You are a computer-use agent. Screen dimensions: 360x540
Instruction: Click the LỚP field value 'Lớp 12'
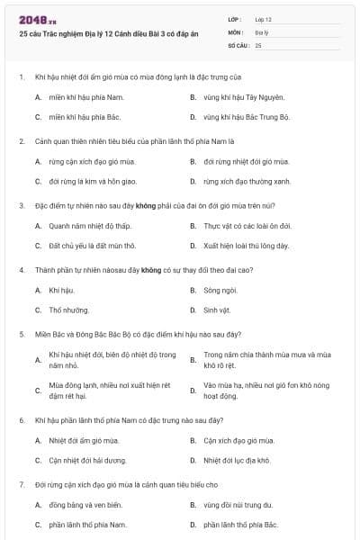(x=263, y=19)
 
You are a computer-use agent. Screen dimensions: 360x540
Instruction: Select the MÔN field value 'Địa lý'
(x=261, y=31)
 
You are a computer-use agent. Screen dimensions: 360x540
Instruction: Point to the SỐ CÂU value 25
(x=258, y=44)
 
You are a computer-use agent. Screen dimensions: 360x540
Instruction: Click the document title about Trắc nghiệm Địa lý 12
(x=106, y=32)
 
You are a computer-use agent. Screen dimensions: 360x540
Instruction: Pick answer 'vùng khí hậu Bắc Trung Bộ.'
(x=247, y=117)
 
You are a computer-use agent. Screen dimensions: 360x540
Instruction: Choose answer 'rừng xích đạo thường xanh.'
(x=247, y=181)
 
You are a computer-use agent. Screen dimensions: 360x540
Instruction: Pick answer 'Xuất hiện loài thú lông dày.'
(x=246, y=246)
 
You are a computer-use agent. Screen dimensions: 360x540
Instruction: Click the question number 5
(x=21, y=334)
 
